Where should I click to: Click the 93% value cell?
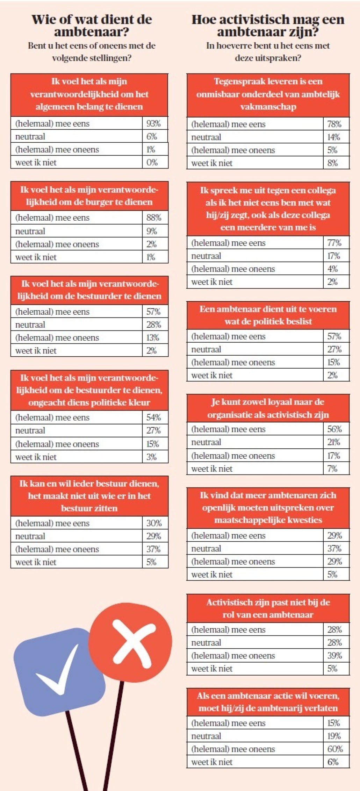[153, 123]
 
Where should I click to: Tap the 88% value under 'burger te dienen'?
[153, 218]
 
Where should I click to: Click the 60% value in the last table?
[335, 749]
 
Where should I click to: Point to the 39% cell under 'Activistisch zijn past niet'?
[334, 655]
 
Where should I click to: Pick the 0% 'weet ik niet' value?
[152, 162]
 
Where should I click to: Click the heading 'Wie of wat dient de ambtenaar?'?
[92, 26]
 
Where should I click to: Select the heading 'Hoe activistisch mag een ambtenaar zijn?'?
[268, 26]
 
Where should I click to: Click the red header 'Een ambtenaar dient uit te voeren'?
[268, 315]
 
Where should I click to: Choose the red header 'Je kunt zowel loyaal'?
[268, 408]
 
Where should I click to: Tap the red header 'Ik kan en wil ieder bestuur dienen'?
[89, 496]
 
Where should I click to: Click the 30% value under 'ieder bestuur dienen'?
[154, 523]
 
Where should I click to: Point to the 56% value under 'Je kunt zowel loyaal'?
[334, 429]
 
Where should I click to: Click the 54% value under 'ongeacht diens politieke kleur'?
[153, 417]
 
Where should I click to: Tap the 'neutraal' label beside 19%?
[206, 736]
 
